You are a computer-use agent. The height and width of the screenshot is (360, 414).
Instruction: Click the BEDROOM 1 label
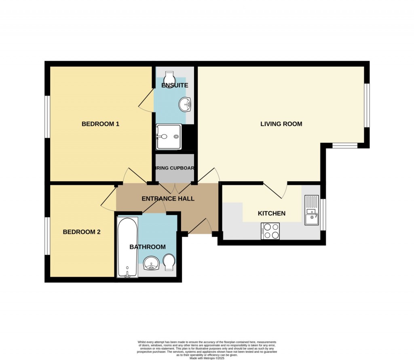click(x=100, y=124)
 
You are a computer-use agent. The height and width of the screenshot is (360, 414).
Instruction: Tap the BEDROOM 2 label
click(x=81, y=232)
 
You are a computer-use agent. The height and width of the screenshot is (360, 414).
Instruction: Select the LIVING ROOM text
click(x=281, y=124)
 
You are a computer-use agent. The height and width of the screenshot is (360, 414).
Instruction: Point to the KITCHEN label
click(x=272, y=214)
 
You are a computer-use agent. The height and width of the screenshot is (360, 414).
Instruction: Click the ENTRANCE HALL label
click(x=168, y=199)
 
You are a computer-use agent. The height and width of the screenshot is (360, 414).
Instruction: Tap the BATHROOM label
click(x=147, y=247)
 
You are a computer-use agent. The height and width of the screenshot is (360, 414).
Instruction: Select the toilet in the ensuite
click(x=169, y=76)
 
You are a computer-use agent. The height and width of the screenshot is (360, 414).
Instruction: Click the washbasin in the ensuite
click(x=185, y=104)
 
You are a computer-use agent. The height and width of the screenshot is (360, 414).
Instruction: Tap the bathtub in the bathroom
click(x=127, y=247)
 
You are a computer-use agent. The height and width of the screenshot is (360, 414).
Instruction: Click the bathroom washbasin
click(x=153, y=263)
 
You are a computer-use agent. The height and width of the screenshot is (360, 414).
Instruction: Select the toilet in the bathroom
click(x=169, y=262)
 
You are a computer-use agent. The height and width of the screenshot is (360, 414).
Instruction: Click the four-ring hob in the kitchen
click(x=270, y=231)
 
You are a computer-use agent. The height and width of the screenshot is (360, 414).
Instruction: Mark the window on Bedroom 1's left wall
click(x=47, y=116)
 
